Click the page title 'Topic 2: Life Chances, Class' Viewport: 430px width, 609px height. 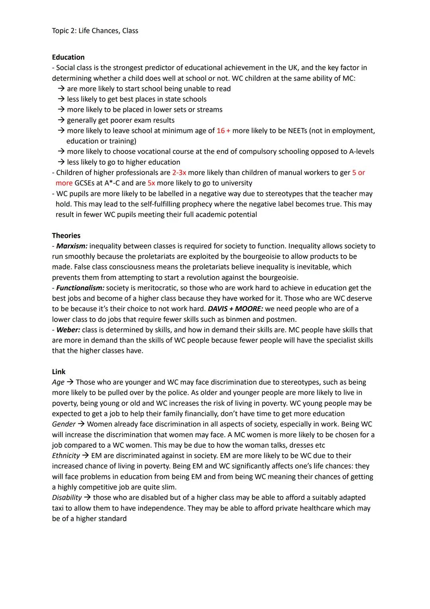coord(95,31)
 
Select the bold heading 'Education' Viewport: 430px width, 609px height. coord(68,57)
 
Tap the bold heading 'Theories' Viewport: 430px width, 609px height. coord(66,235)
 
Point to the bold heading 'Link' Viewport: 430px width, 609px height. coord(59,372)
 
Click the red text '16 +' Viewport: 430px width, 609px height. coord(223,130)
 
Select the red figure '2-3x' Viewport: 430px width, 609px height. coord(179,172)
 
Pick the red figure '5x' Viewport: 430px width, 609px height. coord(151,183)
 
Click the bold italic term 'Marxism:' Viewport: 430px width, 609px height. coord(72,246)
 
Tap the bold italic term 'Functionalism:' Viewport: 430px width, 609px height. coord(80,288)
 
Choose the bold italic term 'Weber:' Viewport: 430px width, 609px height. coord(68,330)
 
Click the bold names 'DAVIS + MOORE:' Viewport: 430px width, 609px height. coord(235,309)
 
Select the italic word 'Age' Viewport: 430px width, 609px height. coord(58,382)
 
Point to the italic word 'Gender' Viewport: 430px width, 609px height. coord(64,424)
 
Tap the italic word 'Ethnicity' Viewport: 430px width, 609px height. coord(66,455)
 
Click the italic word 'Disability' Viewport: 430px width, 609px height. coord(67,497)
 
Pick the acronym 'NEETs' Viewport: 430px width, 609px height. coord(299,130)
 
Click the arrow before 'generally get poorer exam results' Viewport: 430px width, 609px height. coord(61,120)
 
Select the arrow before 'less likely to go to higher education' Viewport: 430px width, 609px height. coord(61,162)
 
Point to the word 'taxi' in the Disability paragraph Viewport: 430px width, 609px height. coord(59,508)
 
